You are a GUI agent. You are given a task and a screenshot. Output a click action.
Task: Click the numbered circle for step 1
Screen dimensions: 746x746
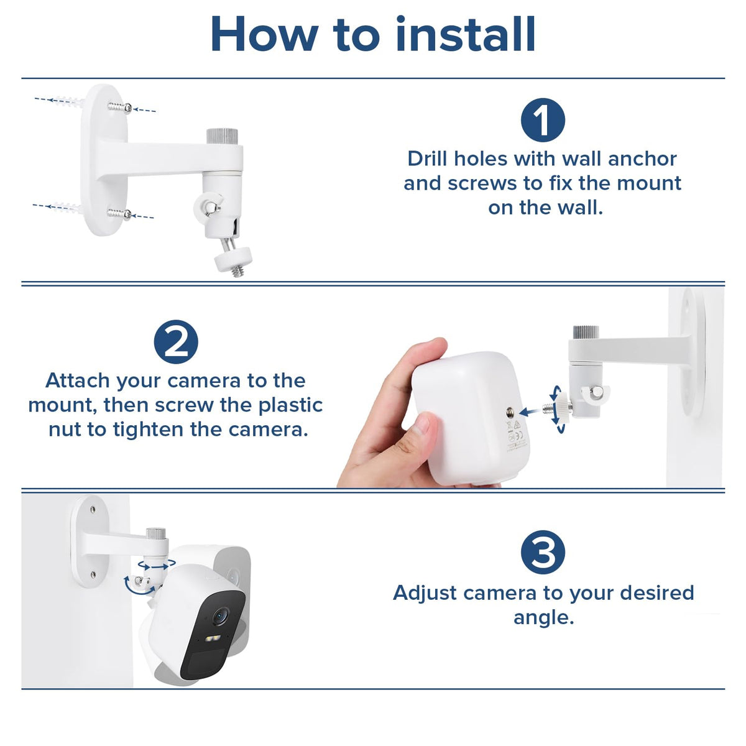tap(543, 120)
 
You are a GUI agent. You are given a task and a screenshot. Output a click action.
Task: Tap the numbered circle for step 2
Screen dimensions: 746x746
tap(176, 341)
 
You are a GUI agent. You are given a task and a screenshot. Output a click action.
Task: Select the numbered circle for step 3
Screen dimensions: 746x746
tap(543, 552)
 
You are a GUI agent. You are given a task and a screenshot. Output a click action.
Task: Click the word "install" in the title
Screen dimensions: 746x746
tap(466, 34)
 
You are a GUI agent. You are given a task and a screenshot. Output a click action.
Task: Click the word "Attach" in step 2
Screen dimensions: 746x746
tap(78, 380)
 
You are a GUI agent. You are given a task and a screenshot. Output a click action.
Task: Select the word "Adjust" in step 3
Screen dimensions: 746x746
tap(425, 593)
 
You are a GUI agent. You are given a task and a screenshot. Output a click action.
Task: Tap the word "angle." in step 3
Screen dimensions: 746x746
tap(543, 618)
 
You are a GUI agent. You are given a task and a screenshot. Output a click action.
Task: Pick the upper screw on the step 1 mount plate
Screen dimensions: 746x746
tap(121, 108)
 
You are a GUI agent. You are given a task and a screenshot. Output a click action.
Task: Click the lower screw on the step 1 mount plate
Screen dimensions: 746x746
tap(120, 214)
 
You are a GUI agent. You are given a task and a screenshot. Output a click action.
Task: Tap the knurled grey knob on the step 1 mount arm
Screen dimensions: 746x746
tap(222, 136)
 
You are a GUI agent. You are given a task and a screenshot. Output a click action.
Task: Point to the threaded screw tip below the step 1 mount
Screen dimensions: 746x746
tap(238, 272)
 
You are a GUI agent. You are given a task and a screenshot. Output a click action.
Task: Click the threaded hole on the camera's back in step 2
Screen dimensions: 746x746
tap(510, 413)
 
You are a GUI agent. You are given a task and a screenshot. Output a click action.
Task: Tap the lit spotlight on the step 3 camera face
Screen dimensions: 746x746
tap(213, 638)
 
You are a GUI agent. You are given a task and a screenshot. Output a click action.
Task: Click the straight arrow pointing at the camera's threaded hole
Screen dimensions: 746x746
tap(531, 412)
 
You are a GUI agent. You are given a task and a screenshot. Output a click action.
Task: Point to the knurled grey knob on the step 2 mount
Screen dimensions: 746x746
tap(586, 332)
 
